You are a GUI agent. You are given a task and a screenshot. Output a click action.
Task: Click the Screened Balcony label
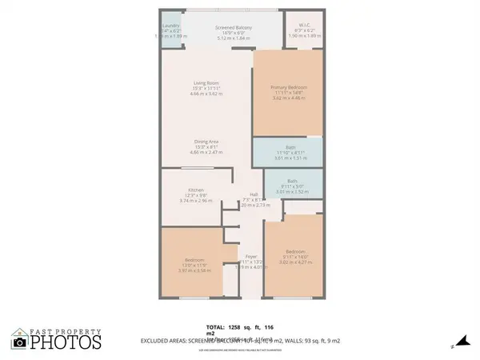pyautogui.click(x=234, y=28)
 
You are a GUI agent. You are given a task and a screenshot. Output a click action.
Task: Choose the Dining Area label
pyautogui.click(x=206, y=142)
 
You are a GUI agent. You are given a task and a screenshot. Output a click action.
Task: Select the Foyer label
pyautogui.click(x=250, y=257)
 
